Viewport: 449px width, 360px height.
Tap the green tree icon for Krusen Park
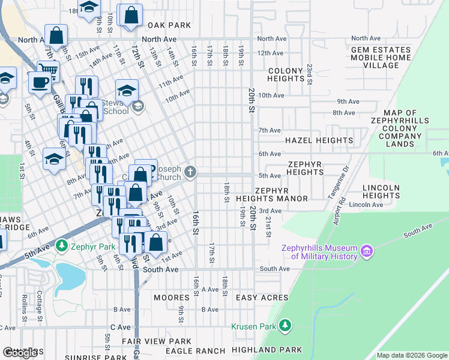pyautogui.click(x=286, y=326)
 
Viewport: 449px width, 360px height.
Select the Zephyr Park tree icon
pyautogui.click(x=61, y=246)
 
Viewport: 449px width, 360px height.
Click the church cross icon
pyautogui.click(x=190, y=173)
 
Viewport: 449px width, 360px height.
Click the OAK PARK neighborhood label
pyautogui.click(x=169, y=25)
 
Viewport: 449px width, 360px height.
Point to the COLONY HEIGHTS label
pyautogui.click(x=285, y=75)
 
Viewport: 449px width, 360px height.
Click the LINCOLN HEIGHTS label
pyautogui.click(x=381, y=192)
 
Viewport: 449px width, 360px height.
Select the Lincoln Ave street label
pyautogui.click(x=369, y=205)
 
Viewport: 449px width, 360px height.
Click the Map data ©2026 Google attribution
pyautogui.click(x=411, y=355)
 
